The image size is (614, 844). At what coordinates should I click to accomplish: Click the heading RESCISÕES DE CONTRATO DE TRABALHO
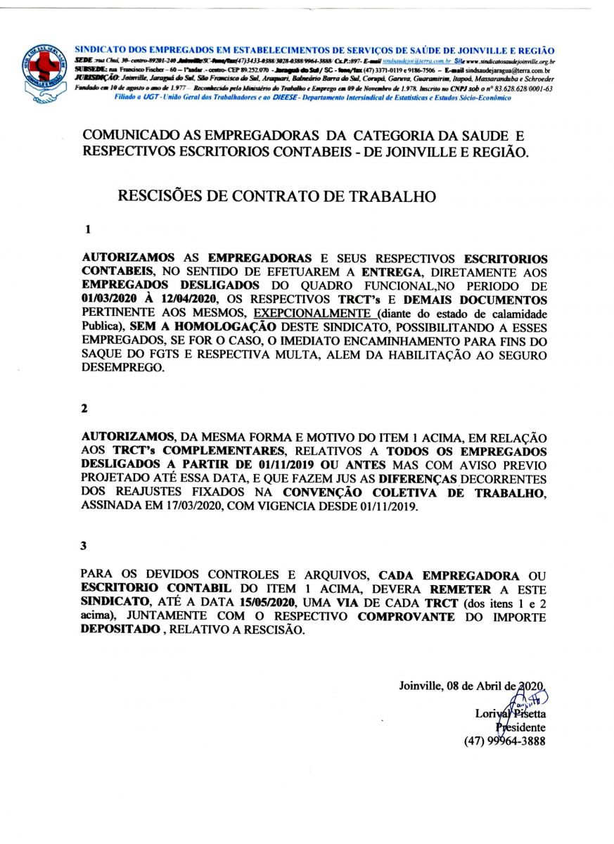[x=276, y=196]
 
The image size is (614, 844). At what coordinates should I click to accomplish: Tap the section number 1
[x=88, y=229]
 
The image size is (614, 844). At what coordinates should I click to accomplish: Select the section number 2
[x=85, y=408]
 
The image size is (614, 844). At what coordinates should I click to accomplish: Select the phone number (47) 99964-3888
[x=504, y=741]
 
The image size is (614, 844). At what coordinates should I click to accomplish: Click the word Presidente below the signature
[x=521, y=727]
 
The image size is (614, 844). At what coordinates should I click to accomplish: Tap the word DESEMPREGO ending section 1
[x=122, y=367]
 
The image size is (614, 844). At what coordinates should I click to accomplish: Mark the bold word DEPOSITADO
[x=120, y=630]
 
